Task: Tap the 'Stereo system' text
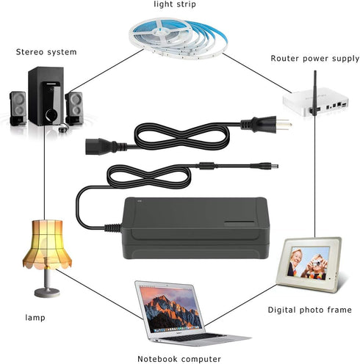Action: click(x=46, y=52)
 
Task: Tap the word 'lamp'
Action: click(x=34, y=317)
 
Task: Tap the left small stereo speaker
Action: click(x=19, y=108)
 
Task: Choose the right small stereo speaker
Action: click(x=73, y=107)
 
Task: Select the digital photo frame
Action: click(x=312, y=264)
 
